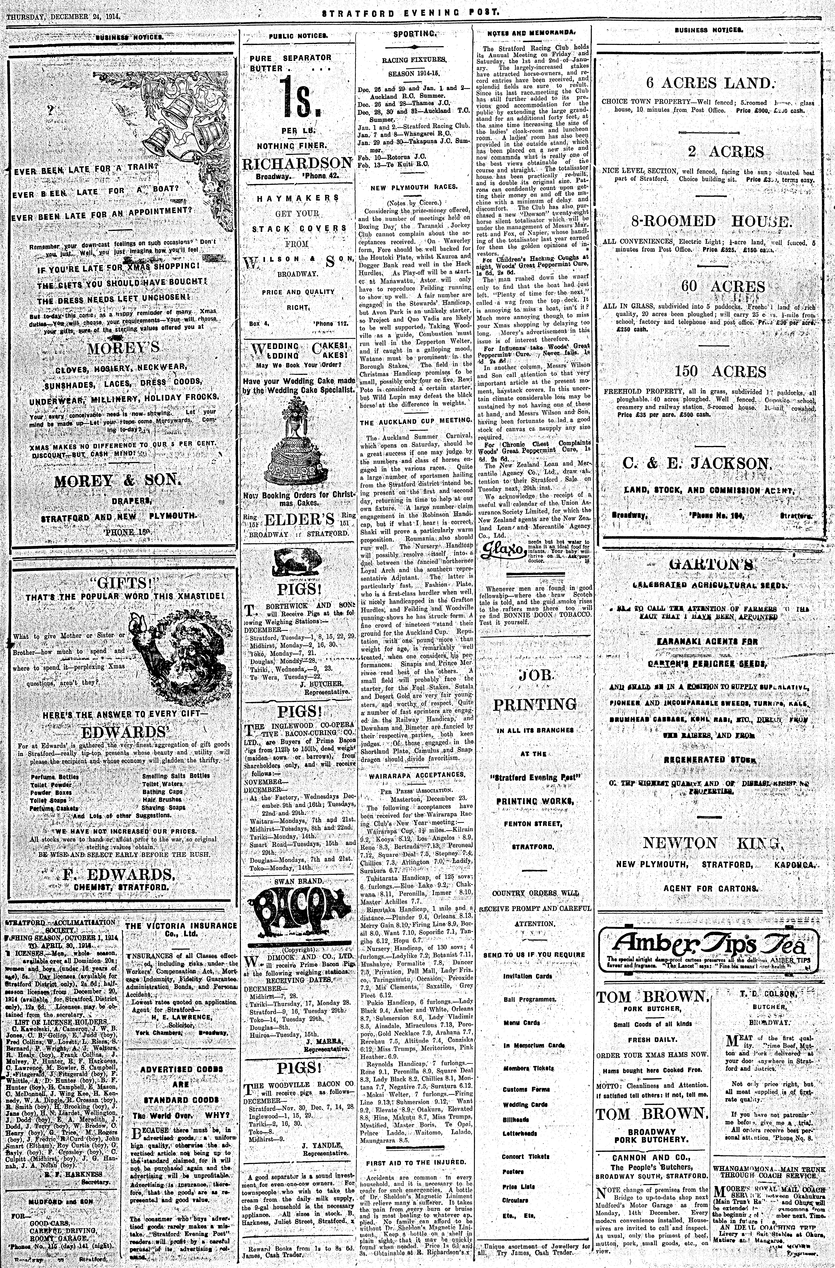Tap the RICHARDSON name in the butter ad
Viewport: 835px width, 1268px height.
coord(297,163)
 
